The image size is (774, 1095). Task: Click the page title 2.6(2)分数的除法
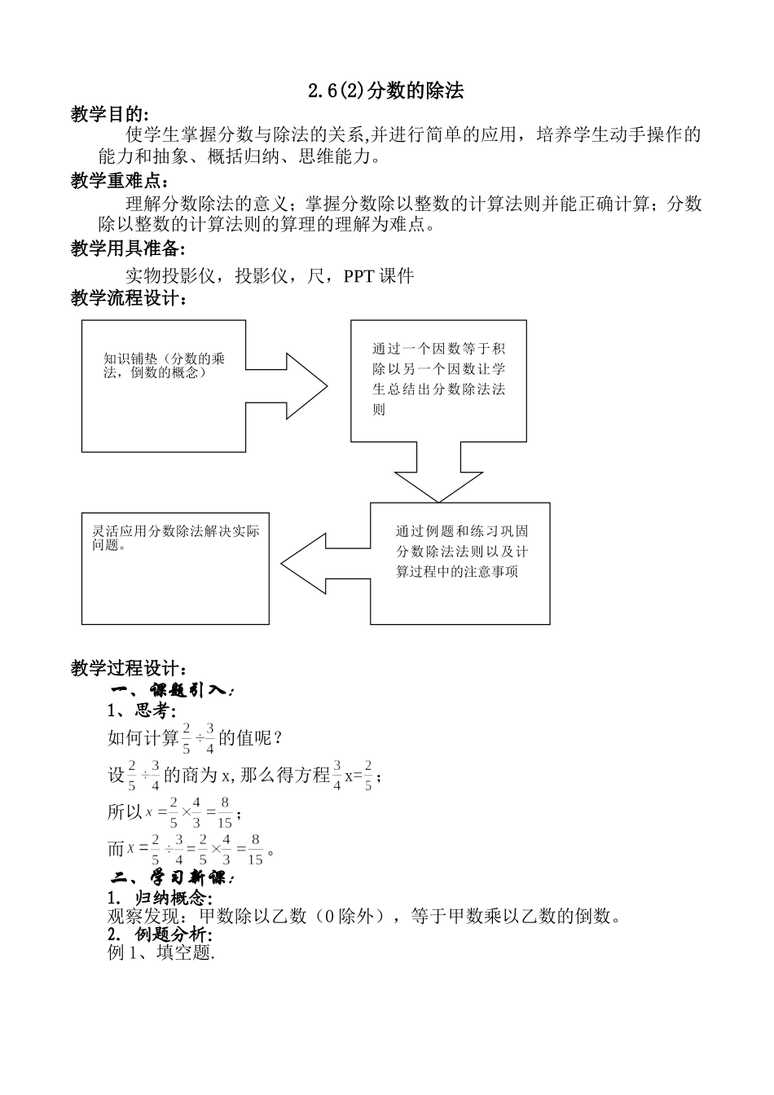[385, 91]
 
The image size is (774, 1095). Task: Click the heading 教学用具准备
[128, 248]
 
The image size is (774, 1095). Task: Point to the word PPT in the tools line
[358, 276]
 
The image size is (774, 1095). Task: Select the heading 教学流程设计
[128, 299]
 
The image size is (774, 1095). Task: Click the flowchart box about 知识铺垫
[163, 385]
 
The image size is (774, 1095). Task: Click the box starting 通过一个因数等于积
[438, 380]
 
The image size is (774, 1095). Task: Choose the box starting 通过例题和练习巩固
[460, 563]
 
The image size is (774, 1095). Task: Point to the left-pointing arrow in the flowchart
[322, 564]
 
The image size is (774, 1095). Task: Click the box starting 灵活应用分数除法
[175, 568]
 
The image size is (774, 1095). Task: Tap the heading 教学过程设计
[128, 668]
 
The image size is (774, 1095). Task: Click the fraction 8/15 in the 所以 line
[225, 812]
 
